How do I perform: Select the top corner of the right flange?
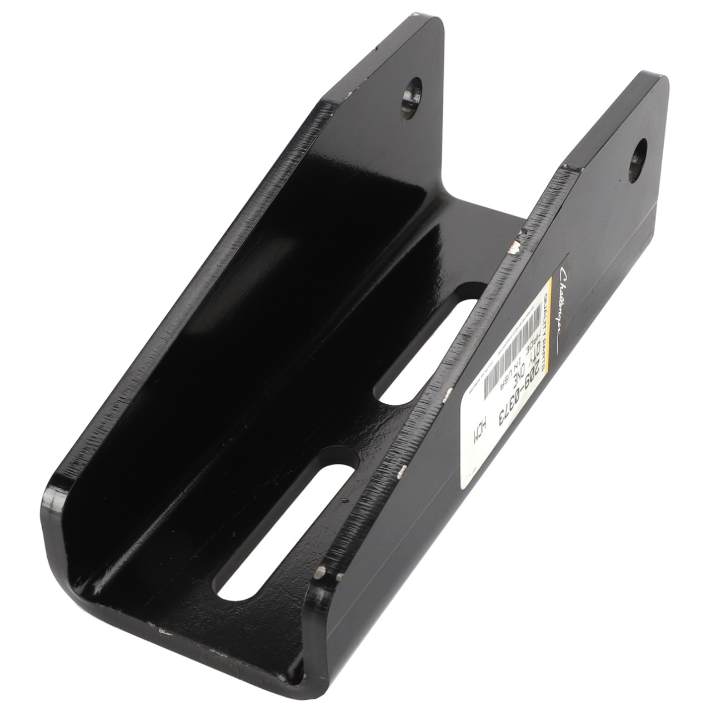(x=655, y=76)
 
